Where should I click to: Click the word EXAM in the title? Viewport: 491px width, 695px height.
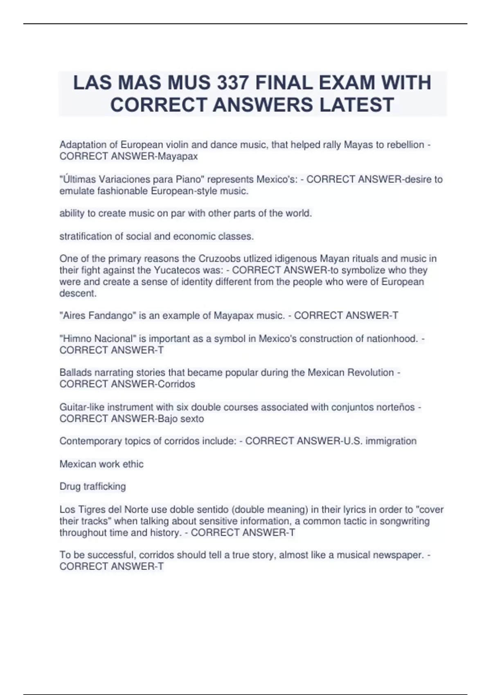[348, 83]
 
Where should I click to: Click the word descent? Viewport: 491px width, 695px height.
[78, 293]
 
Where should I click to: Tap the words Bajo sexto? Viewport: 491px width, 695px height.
[181, 419]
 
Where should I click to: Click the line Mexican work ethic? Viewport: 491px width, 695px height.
[101, 464]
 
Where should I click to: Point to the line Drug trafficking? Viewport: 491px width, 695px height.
[92, 486]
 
